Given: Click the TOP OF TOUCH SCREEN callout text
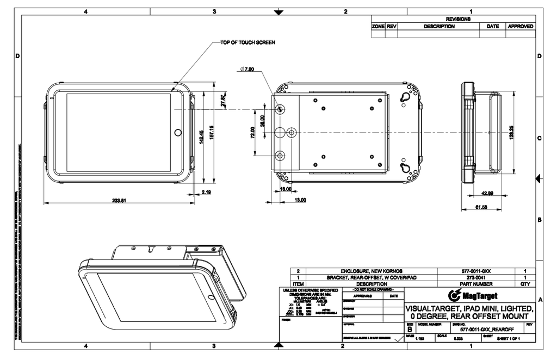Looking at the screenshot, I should click(x=247, y=42).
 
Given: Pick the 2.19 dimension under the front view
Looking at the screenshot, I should click(x=206, y=192).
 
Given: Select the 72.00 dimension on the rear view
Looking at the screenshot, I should click(x=252, y=132).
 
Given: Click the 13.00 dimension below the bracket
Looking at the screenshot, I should click(x=300, y=200).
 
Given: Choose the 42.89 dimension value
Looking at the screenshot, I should click(x=487, y=193).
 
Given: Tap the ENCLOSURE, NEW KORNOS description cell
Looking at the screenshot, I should click(x=372, y=270).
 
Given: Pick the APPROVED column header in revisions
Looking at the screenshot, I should click(x=521, y=26).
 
